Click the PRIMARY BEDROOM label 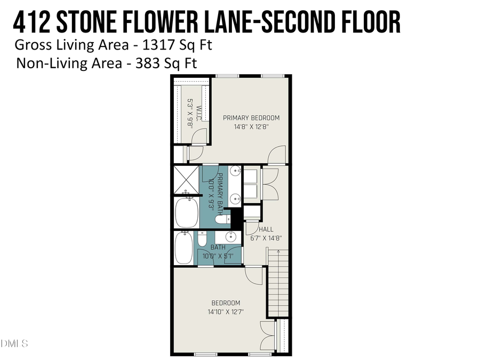click(x=251, y=118)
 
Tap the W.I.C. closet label click(x=198, y=113)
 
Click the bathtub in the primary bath click(x=187, y=212)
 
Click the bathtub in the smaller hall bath click(x=184, y=246)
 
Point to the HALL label click(x=266, y=229)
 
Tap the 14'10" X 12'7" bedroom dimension click(x=226, y=312)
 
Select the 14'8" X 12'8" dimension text click(x=251, y=127)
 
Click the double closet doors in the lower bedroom click(x=267, y=336)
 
